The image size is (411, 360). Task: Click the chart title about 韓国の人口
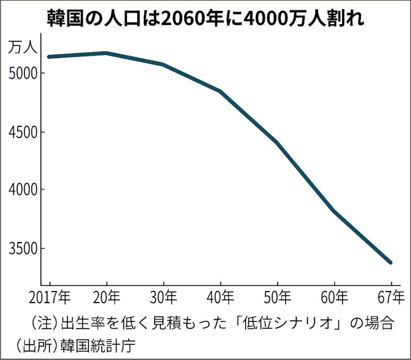pos(205,19)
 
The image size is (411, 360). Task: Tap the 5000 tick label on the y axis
pos(23,73)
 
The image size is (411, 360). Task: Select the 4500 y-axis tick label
pos(23,132)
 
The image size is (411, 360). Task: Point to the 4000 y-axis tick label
pos(23,190)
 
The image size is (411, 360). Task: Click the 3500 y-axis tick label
pos(23,249)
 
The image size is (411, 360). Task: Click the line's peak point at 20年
pos(106,53)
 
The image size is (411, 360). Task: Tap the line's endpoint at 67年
pos(390,263)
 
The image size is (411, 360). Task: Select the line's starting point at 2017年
pos(49,57)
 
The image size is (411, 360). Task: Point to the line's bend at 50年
pos(277,143)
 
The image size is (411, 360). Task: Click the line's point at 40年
pos(220,91)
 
